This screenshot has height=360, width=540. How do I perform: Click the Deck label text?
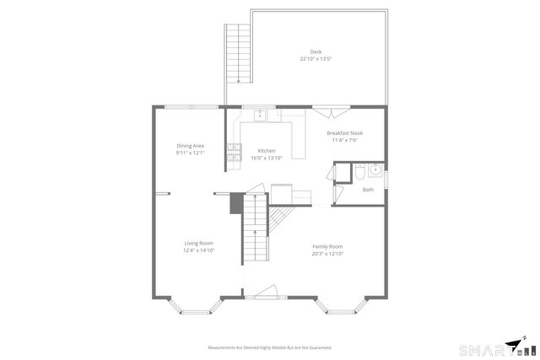pyautogui.click(x=316, y=52)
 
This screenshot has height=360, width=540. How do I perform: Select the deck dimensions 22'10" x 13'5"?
pyautogui.click(x=316, y=59)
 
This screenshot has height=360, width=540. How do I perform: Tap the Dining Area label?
pyautogui.click(x=190, y=146)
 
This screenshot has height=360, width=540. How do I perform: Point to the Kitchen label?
pyautogui.click(x=267, y=151)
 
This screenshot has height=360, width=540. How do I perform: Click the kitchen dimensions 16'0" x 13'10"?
pyautogui.click(x=267, y=158)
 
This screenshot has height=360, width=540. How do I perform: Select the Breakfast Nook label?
pyautogui.click(x=344, y=133)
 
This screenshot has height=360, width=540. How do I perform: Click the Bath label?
pyautogui.click(x=368, y=190)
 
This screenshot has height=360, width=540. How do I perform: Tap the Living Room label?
pyautogui.click(x=199, y=244)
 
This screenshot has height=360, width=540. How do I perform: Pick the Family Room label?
pyautogui.click(x=327, y=246)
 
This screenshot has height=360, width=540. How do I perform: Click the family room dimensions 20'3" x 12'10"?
pyautogui.click(x=327, y=253)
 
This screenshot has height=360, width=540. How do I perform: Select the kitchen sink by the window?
pyautogui.click(x=261, y=115)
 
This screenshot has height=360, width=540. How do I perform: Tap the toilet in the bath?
pyautogui.click(x=359, y=173)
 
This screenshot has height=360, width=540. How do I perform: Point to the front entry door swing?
pyautogui.click(x=265, y=292)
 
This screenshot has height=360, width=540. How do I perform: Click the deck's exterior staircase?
pyautogui.click(x=239, y=53)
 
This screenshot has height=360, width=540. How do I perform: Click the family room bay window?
pyautogui.click(x=346, y=309)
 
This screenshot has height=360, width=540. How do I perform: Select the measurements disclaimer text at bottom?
pyautogui.click(x=270, y=347)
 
